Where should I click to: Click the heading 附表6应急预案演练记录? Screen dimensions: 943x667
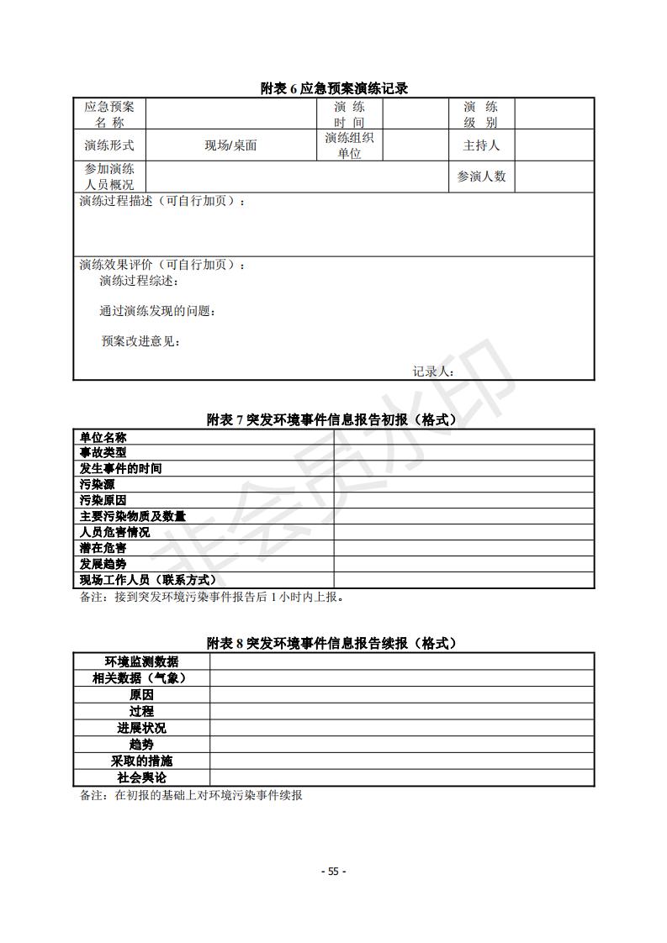pyautogui.click(x=334, y=88)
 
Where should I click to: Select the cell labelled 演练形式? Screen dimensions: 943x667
pyautogui.click(x=109, y=145)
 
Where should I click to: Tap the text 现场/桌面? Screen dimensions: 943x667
pyautogui.click(x=230, y=145)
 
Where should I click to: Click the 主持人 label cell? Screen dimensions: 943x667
pyautogui.click(x=481, y=145)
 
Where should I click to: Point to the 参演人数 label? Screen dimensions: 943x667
pyautogui.click(x=481, y=176)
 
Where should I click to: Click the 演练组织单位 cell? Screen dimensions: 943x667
pyautogui.click(x=350, y=145)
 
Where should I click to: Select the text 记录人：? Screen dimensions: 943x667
pyautogui.click(x=434, y=371)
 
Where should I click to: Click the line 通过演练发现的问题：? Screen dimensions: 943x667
pyautogui.click(x=158, y=311)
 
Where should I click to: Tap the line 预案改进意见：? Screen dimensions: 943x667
pyautogui.click(x=141, y=341)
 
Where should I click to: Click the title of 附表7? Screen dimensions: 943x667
pyautogui.click(x=334, y=419)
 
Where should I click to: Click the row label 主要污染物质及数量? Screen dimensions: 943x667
pyautogui.click(x=133, y=517)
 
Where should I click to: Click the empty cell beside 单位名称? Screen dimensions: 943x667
pyautogui.click(x=463, y=437)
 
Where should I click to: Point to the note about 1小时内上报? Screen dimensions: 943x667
pyautogui.click(x=212, y=598)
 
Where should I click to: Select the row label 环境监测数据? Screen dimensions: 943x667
pyautogui.click(x=141, y=662)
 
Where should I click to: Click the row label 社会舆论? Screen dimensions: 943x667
pyautogui.click(x=141, y=778)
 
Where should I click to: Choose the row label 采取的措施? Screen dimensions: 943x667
pyautogui.click(x=141, y=761)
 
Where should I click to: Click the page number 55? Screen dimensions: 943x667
pyautogui.click(x=334, y=872)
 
